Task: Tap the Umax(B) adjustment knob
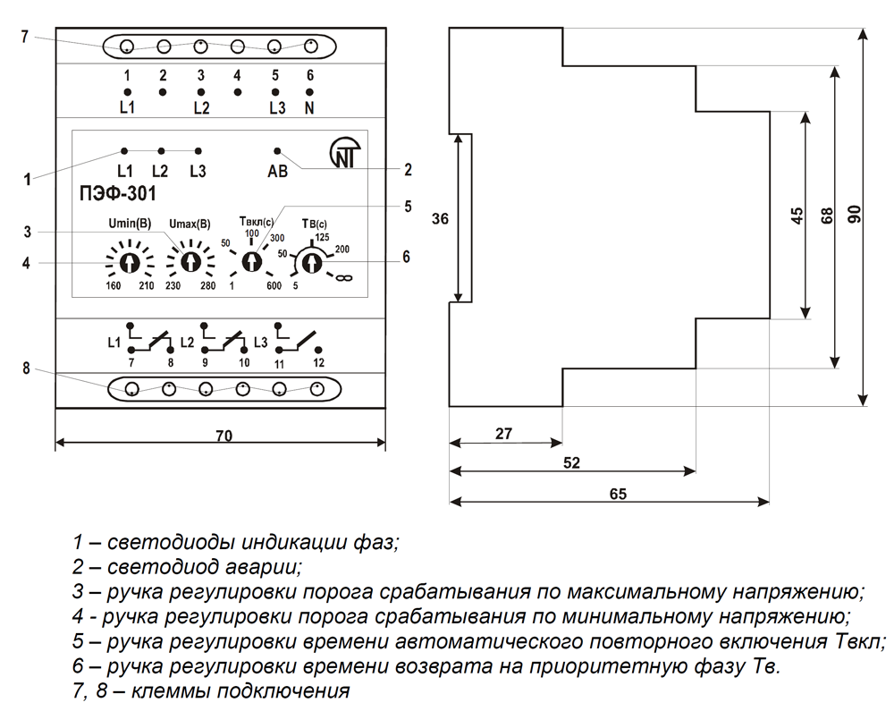pyautogui.click(x=190, y=261)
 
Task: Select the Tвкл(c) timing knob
pyautogui.click(x=251, y=260)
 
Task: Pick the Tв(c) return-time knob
pyautogui.click(x=311, y=261)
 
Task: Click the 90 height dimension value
pyautogui.click(x=853, y=215)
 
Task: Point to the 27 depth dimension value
pyautogui.click(x=503, y=434)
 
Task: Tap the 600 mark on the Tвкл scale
pyautogui.click(x=273, y=286)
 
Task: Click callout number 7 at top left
pyautogui.click(x=25, y=36)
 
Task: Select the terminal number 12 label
pyautogui.click(x=317, y=363)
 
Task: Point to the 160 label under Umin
pyautogui.click(x=114, y=286)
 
